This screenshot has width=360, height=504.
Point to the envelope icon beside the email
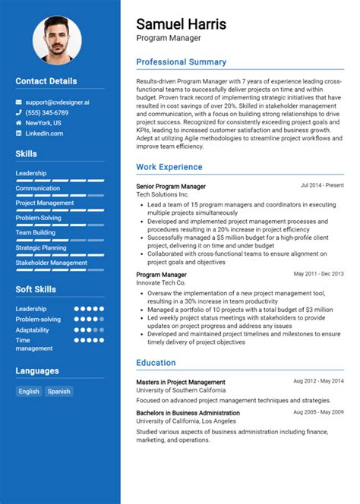click(x=18, y=101)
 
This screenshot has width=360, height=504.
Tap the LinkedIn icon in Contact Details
click(x=18, y=134)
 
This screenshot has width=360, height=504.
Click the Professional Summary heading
click(x=181, y=62)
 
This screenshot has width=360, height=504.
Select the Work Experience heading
click(x=169, y=167)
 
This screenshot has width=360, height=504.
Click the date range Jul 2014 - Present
click(x=322, y=185)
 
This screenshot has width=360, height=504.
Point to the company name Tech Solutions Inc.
click(x=163, y=194)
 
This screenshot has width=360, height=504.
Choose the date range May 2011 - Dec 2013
click(x=318, y=273)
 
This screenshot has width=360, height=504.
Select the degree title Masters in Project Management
click(x=181, y=382)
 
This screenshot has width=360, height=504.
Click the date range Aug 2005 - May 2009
click(x=318, y=411)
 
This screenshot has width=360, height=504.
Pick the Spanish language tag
click(x=58, y=392)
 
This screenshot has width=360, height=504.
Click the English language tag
click(x=29, y=392)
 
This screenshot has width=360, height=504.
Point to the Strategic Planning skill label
click(x=41, y=247)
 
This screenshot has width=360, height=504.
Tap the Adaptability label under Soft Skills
click(x=33, y=330)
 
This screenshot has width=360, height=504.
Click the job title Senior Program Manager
click(x=171, y=186)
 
